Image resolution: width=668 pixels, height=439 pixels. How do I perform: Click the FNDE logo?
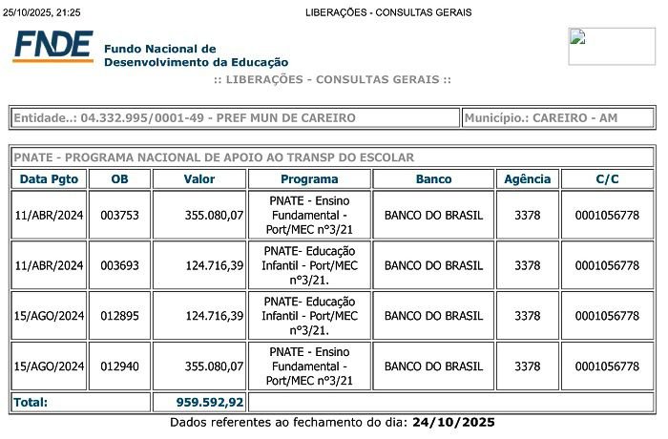tap(52, 47)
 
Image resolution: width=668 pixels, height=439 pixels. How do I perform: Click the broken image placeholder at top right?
tap(612, 46)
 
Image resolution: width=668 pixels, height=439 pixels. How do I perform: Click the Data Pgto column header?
tap(51, 178)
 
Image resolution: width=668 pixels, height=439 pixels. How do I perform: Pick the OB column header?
tap(119, 178)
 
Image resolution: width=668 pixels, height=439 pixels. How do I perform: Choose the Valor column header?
tap(199, 178)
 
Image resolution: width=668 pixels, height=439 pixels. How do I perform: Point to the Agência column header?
tap(527, 178)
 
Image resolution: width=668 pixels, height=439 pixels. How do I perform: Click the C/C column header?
tap(607, 178)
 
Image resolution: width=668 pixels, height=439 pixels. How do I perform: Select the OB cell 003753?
tap(119, 215)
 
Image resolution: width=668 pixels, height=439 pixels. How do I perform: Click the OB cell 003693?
tap(119, 265)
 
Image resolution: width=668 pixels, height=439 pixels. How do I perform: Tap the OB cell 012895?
tap(119, 316)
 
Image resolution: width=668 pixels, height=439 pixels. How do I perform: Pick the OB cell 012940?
tap(119, 366)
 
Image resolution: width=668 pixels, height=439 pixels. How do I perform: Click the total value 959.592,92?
tap(210, 402)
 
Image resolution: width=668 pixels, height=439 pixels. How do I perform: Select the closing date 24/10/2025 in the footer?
tap(453, 422)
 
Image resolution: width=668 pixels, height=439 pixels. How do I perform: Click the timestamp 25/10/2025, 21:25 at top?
tap(42, 12)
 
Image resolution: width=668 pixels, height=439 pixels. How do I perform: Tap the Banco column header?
tap(433, 178)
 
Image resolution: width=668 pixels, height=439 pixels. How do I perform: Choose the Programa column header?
tap(309, 178)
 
